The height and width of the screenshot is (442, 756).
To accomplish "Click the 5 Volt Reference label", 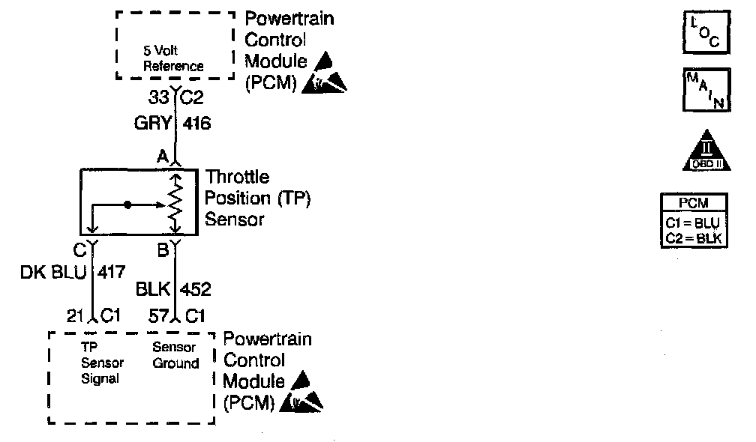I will click(x=173, y=59).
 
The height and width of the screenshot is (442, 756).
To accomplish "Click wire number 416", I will click(x=196, y=124).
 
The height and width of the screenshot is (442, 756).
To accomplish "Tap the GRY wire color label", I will click(x=153, y=124).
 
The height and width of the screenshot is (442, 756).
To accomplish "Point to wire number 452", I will click(x=196, y=289).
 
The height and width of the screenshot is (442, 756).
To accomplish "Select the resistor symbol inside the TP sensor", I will click(x=175, y=202).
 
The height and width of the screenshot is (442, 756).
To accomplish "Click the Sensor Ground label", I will click(x=175, y=356).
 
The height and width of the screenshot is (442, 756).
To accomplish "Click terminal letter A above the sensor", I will click(x=161, y=157).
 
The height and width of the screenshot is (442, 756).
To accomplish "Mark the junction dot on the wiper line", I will click(x=128, y=204).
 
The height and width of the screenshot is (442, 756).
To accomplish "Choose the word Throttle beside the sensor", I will click(x=237, y=178).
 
